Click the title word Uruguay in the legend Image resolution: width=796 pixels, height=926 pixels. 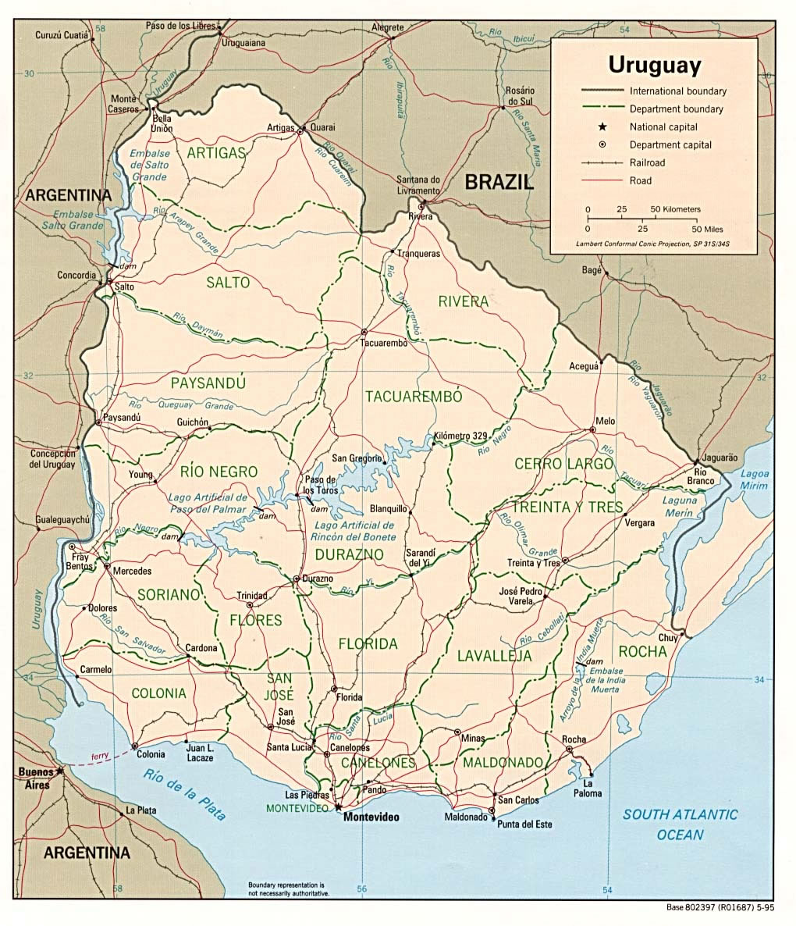tap(654, 64)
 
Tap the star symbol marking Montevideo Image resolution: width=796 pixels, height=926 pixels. tap(339, 805)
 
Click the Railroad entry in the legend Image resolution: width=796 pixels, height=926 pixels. tap(647, 162)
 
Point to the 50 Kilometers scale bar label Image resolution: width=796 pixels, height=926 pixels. tap(676, 209)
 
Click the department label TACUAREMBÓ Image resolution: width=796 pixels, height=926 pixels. tap(414, 397)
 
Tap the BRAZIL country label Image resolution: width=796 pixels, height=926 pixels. tap(499, 183)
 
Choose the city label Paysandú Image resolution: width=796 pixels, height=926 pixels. tap(122, 418)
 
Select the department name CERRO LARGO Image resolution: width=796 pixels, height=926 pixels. tap(563, 464)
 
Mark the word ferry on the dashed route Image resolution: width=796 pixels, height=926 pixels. tap(99, 756)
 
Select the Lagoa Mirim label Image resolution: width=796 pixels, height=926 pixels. tap(754, 479)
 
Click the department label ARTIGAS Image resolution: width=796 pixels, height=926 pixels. tap(216, 153)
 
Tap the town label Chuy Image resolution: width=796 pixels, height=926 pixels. tap(667, 638)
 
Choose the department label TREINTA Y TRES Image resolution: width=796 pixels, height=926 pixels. tap(567, 508)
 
